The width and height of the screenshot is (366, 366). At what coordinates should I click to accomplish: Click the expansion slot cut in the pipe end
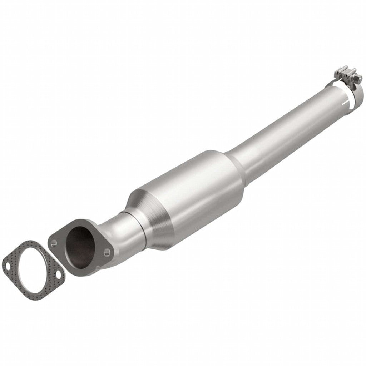click(x=347, y=102)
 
